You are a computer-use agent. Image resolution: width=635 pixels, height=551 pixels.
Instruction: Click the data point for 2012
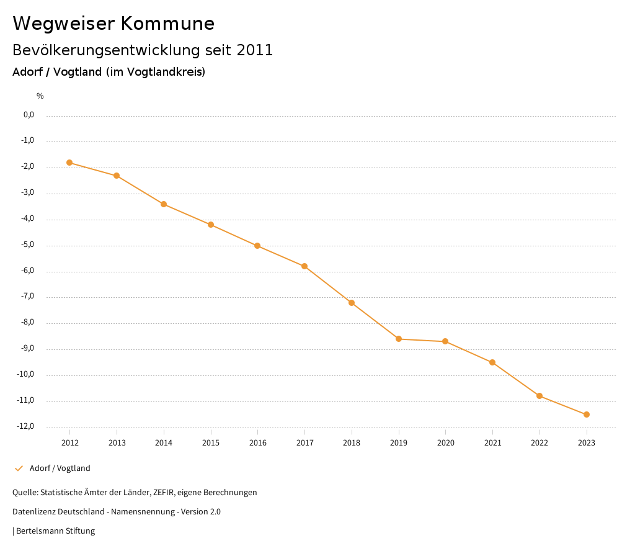click(69, 163)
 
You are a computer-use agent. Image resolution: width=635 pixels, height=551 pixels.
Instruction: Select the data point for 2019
click(399, 339)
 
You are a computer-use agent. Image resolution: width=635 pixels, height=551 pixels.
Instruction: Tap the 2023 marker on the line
click(587, 414)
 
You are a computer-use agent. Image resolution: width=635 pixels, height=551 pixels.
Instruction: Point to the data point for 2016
click(257, 246)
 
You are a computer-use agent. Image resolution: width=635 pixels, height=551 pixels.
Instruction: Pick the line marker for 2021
click(492, 362)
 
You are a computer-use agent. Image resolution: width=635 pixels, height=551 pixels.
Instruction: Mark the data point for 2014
click(164, 204)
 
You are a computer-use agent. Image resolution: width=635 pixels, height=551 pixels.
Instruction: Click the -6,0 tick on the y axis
click(27, 271)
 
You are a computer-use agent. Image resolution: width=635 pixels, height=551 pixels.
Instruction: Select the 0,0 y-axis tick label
click(29, 115)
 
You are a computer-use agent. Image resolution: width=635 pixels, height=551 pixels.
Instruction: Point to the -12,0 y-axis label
click(26, 426)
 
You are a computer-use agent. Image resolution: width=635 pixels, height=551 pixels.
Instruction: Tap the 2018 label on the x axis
click(352, 442)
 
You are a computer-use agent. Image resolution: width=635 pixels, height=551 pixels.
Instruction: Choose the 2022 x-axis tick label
click(540, 442)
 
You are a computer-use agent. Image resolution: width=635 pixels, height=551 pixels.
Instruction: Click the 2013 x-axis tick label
click(117, 442)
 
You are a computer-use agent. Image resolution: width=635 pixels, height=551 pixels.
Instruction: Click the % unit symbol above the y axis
click(40, 96)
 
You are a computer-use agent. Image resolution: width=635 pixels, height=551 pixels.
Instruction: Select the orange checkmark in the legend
click(19, 468)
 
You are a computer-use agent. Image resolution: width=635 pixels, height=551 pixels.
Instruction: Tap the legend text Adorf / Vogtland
click(60, 468)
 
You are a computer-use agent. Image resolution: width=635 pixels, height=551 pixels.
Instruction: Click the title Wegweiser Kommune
click(113, 24)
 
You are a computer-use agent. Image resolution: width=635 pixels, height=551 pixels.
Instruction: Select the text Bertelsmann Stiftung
click(55, 531)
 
